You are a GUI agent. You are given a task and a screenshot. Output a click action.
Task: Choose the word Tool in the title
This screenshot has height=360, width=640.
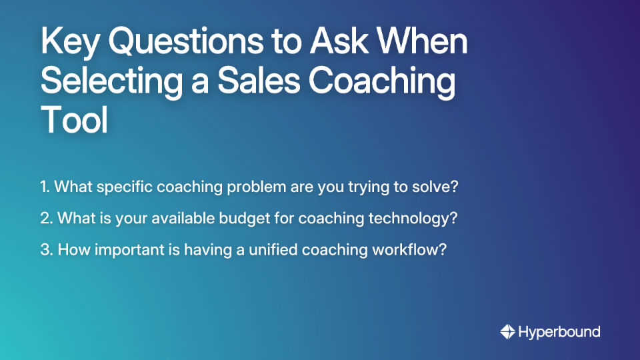pos(74,121)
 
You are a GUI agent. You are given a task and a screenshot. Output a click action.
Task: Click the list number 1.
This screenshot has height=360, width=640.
pos(45,187)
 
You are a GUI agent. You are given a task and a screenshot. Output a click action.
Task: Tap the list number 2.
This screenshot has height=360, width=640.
pos(46,218)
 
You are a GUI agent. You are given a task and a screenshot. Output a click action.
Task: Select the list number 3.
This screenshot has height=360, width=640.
pos(46,250)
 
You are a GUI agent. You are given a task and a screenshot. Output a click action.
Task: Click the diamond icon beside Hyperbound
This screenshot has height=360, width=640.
pos(507,331)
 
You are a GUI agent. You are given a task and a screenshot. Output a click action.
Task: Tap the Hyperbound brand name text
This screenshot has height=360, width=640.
pos(560,331)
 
